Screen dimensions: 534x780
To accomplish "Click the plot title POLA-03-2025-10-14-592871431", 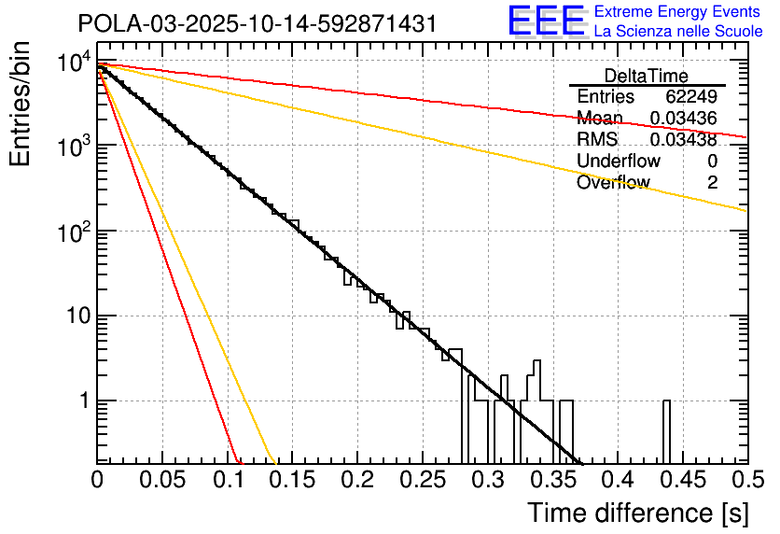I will (x=257, y=23).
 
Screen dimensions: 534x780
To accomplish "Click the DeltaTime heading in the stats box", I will (x=646, y=76).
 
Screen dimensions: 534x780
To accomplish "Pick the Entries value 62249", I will (x=691, y=97).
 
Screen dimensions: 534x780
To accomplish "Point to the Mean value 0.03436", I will (x=683, y=119).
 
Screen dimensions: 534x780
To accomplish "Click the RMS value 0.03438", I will (x=683, y=140).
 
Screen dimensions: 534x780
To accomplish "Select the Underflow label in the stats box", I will (x=619, y=162).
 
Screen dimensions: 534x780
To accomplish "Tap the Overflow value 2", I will (x=712, y=183).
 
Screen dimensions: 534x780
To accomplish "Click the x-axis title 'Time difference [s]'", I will (x=637, y=513).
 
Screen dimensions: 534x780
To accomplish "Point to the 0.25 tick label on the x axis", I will (x=422, y=480).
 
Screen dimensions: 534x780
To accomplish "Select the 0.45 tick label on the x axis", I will (x=682, y=480).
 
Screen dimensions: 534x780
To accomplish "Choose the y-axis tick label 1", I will (x=82, y=401).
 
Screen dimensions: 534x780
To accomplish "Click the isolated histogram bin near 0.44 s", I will (x=667, y=429).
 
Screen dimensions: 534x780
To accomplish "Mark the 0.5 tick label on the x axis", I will (x=744, y=480).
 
